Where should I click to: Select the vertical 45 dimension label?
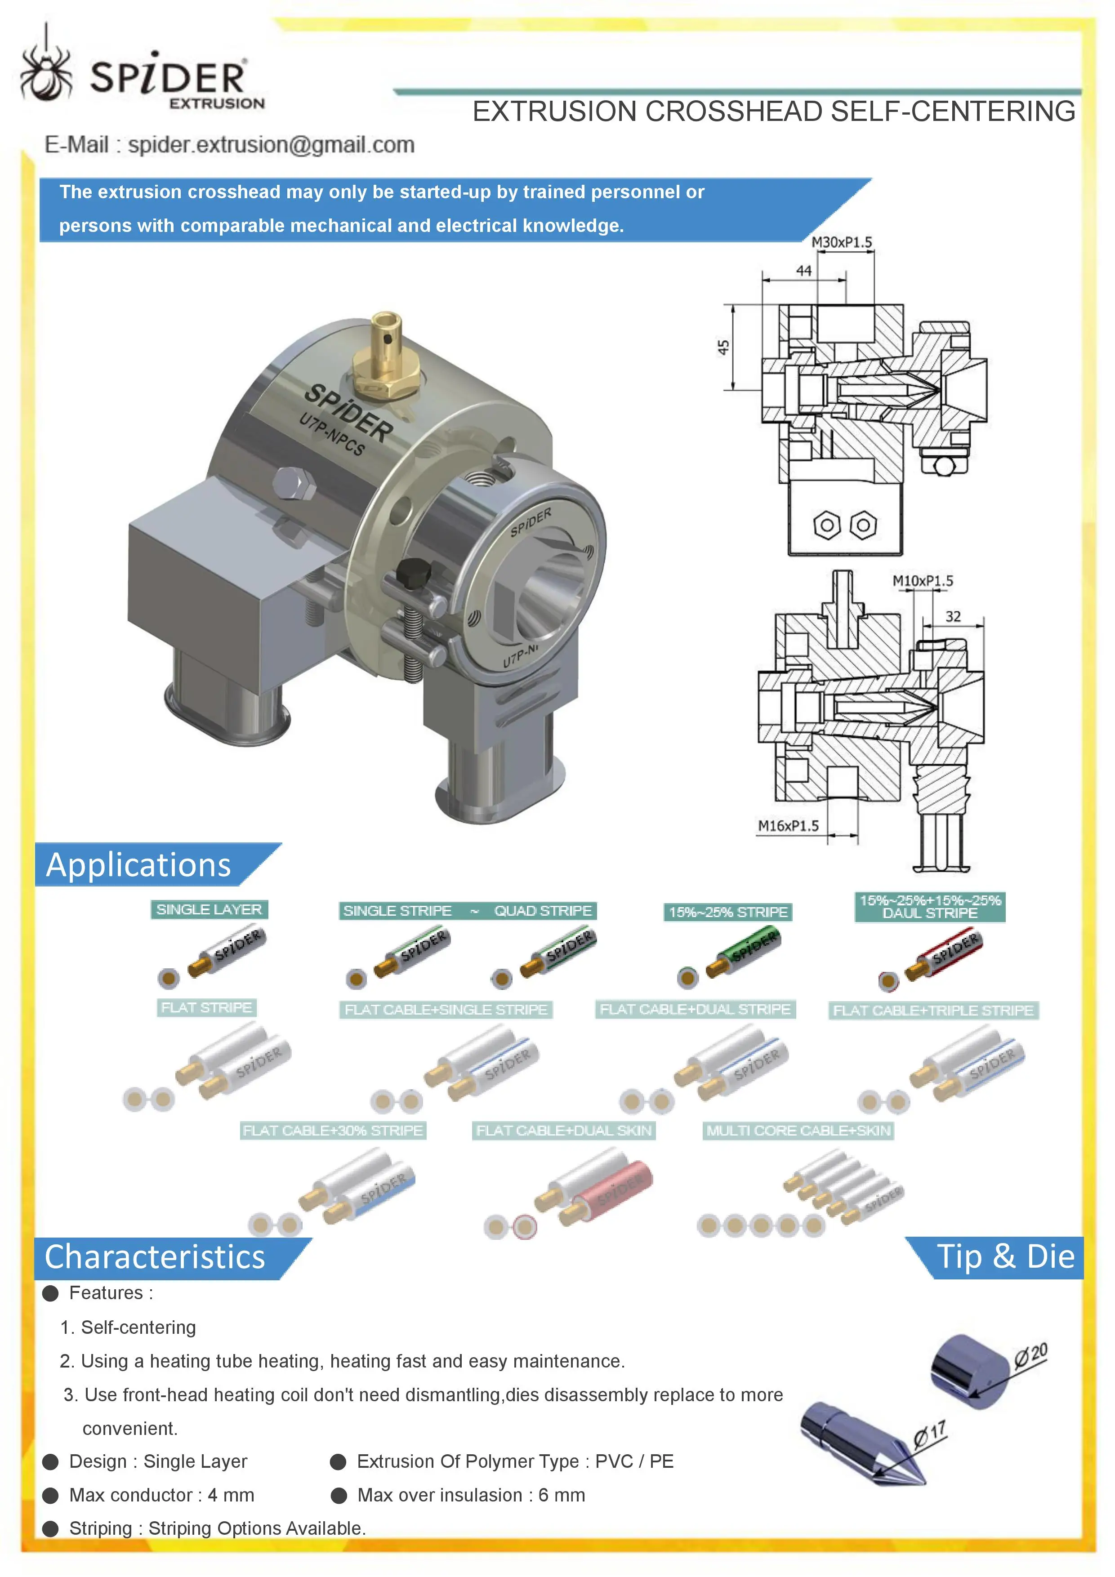[x=723, y=347]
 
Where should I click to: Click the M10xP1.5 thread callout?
[x=922, y=581]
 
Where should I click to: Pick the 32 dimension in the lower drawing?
[x=952, y=616]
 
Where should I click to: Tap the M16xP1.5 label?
[x=788, y=826]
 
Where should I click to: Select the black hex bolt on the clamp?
[x=414, y=573]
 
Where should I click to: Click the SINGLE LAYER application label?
[x=209, y=909]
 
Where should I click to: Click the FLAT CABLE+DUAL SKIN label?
[x=563, y=1131]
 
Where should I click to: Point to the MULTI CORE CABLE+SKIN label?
[x=798, y=1131]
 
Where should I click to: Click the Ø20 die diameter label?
[x=1030, y=1354]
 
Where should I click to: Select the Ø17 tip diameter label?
[x=929, y=1434]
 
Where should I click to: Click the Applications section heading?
[x=138, y=865]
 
